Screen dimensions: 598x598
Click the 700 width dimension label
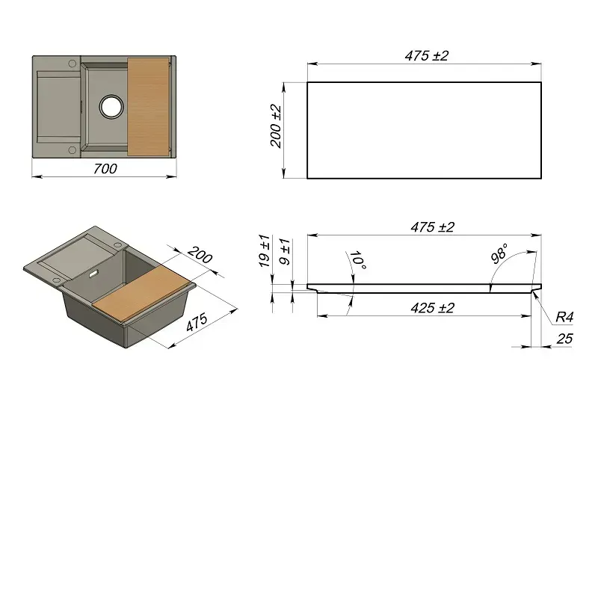pyautogui.click(x=105, y=169)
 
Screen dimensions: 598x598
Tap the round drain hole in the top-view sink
pyautogui.click(x=111, y=106)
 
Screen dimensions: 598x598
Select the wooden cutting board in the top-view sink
pyautogui.click(x=148, y=107)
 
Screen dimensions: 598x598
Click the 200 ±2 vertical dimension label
pyautogui.click(x=276, y=126)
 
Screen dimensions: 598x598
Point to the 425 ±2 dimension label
pyautogui.click(x=433, y=308)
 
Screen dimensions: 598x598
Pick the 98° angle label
pyautogui.click(x=499, y=253)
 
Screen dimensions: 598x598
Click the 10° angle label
pyautogui.click(x=358, y=260)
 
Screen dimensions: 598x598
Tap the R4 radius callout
pyautogui.click(x=564, y=316)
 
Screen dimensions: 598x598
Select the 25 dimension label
pyautogui.click(x=564, y=339)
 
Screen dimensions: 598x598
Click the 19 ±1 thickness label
pyautogui.click(x=265, y=250)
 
